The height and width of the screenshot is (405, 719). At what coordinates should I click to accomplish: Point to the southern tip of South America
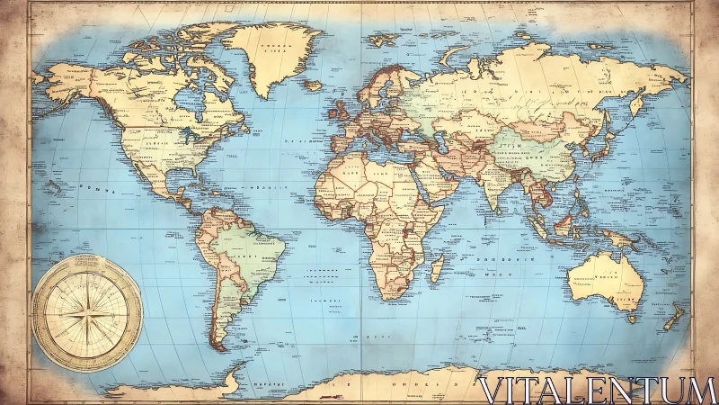(x=218, y=345)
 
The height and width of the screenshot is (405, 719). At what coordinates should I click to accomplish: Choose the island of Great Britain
(x=342, y=110)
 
